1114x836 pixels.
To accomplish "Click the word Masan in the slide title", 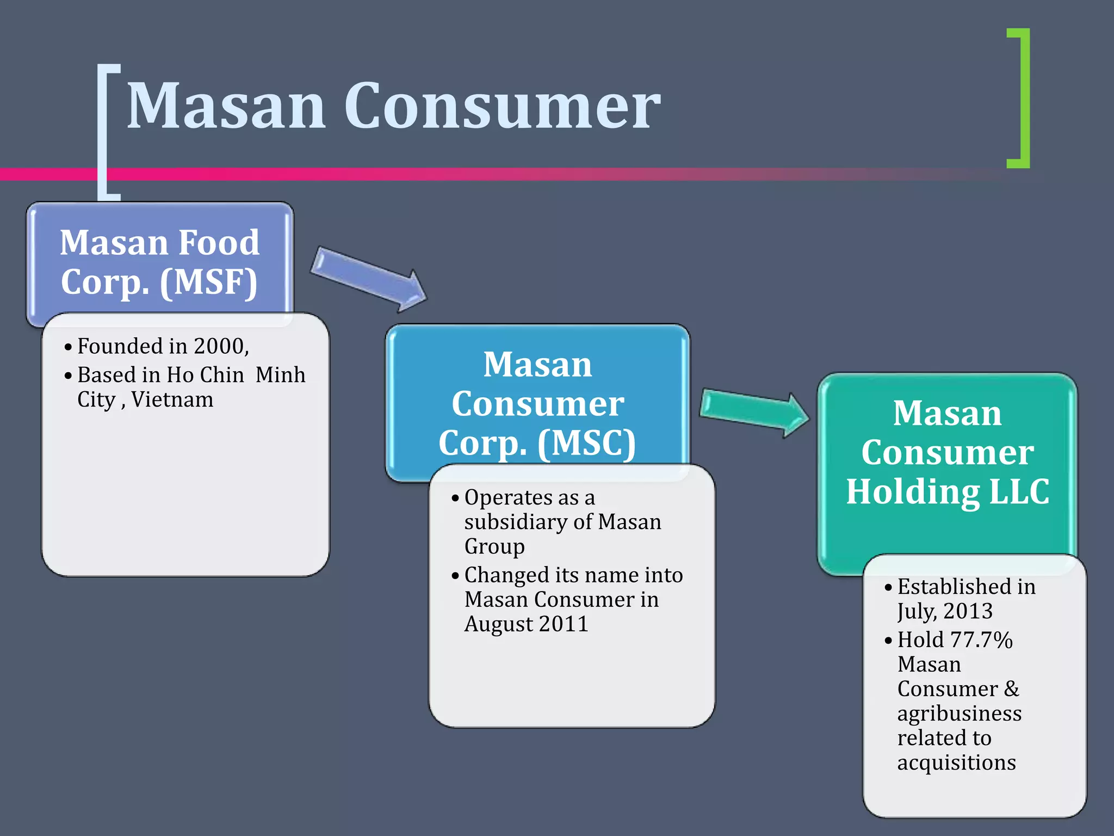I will [x=226, y=106].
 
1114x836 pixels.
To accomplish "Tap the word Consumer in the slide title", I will [x=502, y=106].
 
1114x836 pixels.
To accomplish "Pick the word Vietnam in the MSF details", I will [x=172, y=399].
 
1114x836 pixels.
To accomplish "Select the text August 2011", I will [x=526, y=624].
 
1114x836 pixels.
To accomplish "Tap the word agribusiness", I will [x=959, y=713].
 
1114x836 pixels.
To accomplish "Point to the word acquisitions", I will [x=956, y=762].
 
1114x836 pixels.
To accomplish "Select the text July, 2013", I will [x=945, y=611].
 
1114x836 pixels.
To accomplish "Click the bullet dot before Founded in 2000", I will [x=68, y=347].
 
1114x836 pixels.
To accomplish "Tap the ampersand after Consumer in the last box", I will [x=1011, y=689].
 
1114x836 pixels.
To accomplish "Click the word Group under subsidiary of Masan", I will [x=494, y=546].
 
